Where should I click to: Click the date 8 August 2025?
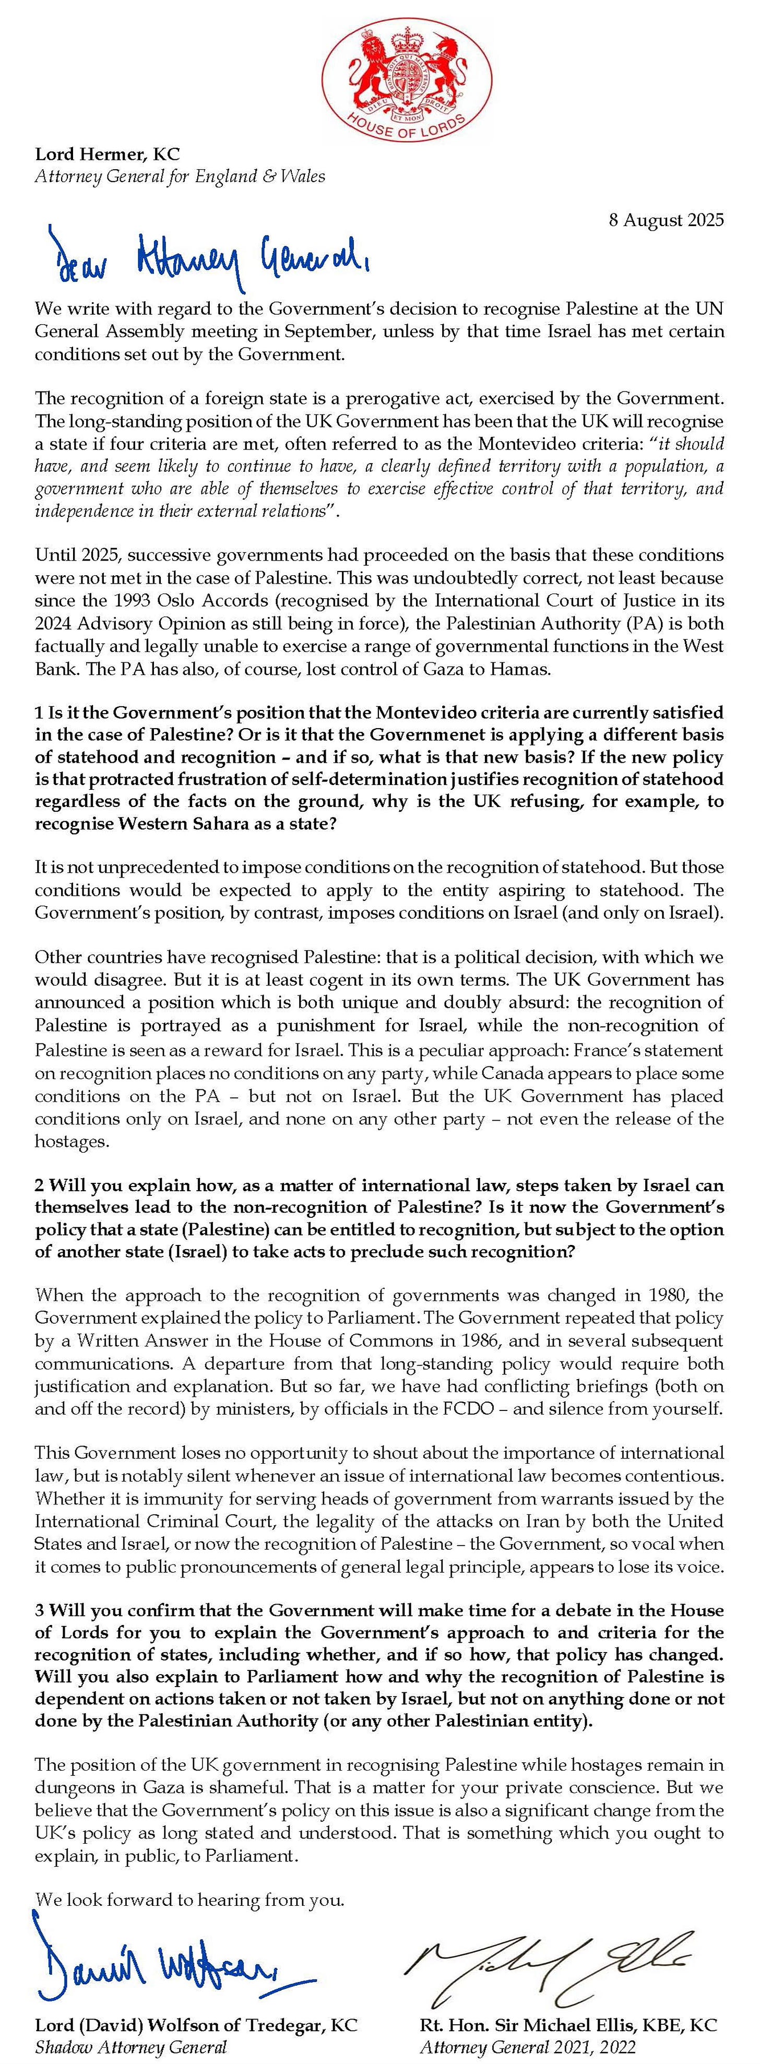[x=666, y=220]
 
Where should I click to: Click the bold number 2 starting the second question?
[x=39, y=1184]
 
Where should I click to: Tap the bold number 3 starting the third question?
[x=39, y=1610]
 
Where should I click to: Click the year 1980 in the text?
[x=673, y=1295]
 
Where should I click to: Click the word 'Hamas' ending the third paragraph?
[x=525, y=669]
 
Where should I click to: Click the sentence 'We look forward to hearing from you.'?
[x=190, y=1900]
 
